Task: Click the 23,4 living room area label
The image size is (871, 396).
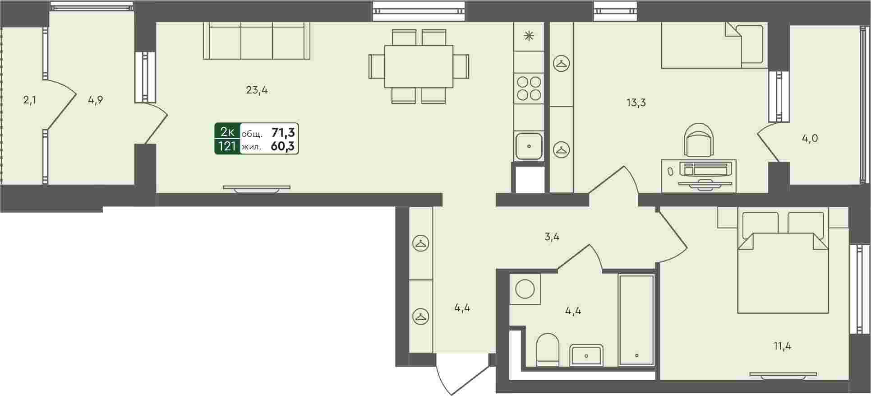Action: pyautogui.click(x=257, y=90)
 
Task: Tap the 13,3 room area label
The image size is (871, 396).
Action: pyautogui.click(x=636, y=103)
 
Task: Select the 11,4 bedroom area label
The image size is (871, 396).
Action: pyautogui.click(x=782, y=346)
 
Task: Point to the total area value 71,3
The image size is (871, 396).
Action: pyautogui.click(x=283, y=132)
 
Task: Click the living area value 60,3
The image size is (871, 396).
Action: pyautogui.click(x=283, y=146)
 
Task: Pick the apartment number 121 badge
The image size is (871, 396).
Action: pyautogui.click(x=227, y=146)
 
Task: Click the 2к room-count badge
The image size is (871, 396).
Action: pyautogui.click(x=227, y=132)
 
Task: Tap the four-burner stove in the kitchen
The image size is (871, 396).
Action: pyautogui.click(x=529, y=88)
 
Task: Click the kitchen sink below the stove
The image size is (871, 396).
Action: pyautogui.click(x=529, y=146)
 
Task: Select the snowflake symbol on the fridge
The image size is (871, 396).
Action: pyautogui.click(x=529, y=36)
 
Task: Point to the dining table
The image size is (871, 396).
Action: pyautogui.click(x=419, y=66)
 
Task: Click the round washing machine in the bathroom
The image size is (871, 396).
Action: pyautogui.click(x=525, y=289)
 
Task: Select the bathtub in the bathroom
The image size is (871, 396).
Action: pyautogui.click(x=636, y=320)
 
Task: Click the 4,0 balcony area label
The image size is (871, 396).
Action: pyautogui.click(x=810, y=139)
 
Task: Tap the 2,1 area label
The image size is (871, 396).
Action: pyautogui.click(x=30, y=100)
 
